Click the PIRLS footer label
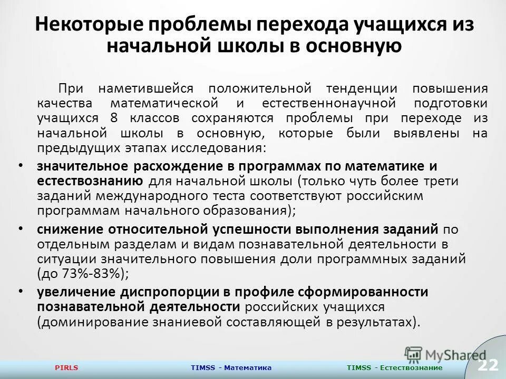[x=66, y=367]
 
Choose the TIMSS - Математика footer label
[x=232, y=367]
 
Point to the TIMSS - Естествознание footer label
[x=395, y=367]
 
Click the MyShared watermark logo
[x=445, y=354]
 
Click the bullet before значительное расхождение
[x=20, y=165]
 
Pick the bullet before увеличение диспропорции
[x=20, y=291]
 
